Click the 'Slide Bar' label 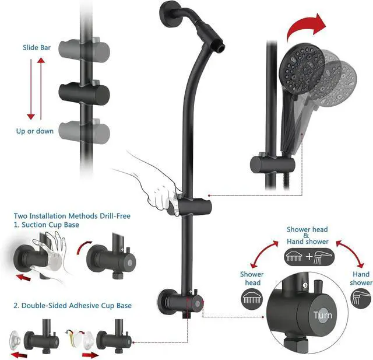(36, 47)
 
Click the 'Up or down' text (35, 131)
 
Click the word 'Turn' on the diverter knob (323, 315)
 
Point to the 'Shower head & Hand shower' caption (307, 235)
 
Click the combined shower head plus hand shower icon (307, 256)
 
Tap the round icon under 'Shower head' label (251, 298)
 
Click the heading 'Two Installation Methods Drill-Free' (72, 216)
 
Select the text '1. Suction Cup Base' (46, 225)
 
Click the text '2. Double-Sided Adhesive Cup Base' (72, 305)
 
